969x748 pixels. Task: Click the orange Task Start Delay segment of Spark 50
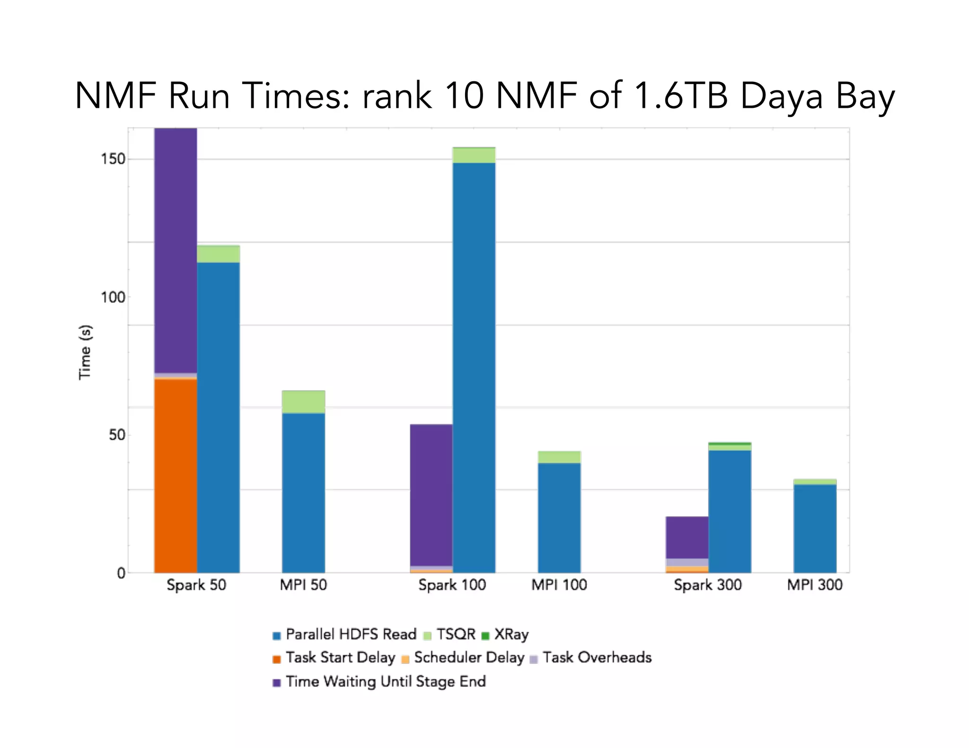[176, 475]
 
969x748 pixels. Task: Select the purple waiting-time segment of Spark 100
[431, 494]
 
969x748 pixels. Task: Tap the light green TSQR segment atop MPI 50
[303, 401]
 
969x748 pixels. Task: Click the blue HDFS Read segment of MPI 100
[559, 518]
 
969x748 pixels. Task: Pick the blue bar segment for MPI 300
[815, 529]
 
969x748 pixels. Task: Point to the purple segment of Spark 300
[687, 537]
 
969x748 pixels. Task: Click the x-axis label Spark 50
[196, 585]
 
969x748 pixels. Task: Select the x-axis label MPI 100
[559, 585]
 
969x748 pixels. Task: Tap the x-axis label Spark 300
[707, 585]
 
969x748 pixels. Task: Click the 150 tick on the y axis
[113, 159]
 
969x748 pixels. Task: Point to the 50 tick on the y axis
[116, 435]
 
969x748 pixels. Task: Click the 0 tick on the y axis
[121, 574]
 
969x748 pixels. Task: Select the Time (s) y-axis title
[85, 352]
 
